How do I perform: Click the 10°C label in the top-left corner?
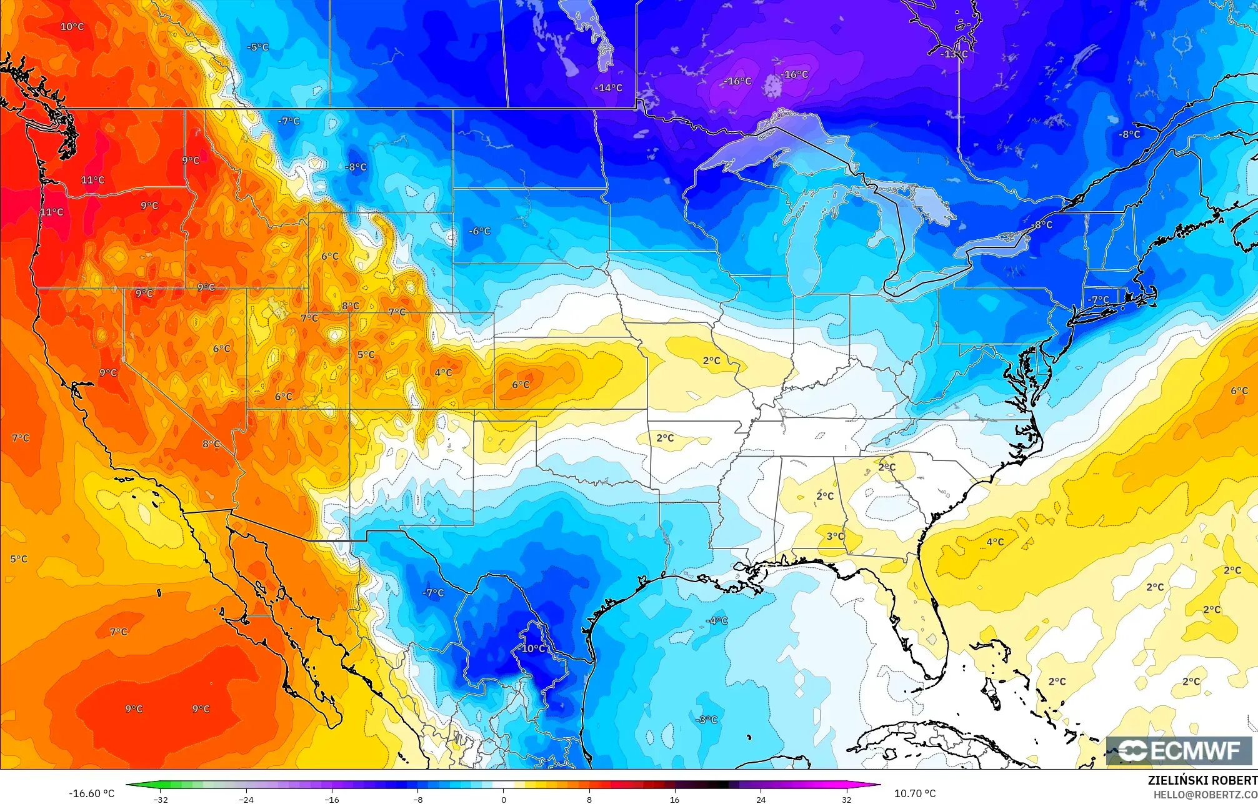pos(72,26)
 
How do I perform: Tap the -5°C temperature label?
pos(257,47)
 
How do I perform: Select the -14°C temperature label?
pos(608,88)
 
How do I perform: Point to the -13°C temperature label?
pos(954,54)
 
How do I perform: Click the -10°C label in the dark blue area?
pos(531,648)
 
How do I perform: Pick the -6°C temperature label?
pos(479,231)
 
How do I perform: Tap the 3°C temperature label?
pos(835,536)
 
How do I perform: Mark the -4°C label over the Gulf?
pos(717,620)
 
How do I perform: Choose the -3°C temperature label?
pos(707,720)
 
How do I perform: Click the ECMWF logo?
pos(1179,751)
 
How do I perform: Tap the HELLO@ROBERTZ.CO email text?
pos(1205,795)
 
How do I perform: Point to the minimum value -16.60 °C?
pos(92,793)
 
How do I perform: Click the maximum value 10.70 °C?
pos(914,793)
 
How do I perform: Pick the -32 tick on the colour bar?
pos(161,799)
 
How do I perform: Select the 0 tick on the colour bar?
pos(504,799)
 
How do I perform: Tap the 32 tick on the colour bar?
pos(846,799)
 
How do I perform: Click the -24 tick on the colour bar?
pos(246,799)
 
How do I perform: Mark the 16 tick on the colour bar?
pos(675,799)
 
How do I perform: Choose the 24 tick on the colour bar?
pos(761,799)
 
